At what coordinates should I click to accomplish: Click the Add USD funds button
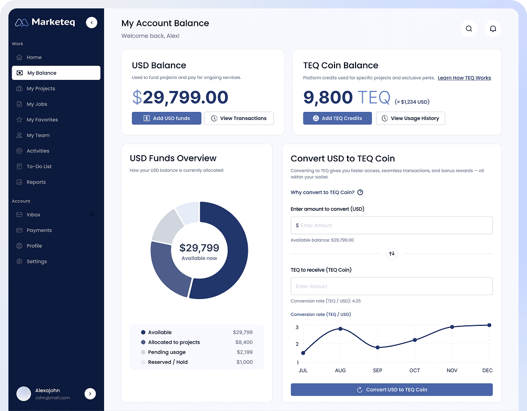[166, 118]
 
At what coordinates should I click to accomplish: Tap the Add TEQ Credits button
[337, 118]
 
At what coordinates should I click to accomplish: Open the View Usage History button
[411, 118]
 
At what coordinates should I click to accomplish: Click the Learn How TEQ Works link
[464, 78]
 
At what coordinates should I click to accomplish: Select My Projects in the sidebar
[40, 88]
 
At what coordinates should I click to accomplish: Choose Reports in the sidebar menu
[36, 182]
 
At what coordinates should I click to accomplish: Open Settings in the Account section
[37, 261]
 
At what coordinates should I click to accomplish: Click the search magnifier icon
[469, 29]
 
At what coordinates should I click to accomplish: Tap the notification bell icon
[493, 29]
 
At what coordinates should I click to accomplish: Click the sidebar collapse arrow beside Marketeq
[92, 22]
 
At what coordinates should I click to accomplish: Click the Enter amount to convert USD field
[391, 225]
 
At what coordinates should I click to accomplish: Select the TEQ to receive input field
[391, 286]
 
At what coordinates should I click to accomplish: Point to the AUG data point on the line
[340, 328]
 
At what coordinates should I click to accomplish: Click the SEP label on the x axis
[377, 371]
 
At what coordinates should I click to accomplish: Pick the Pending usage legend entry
[167, 352]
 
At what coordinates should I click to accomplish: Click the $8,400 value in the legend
[244, 342]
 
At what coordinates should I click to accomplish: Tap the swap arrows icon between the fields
[391, 253]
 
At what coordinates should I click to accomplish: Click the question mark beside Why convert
[360, 192]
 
